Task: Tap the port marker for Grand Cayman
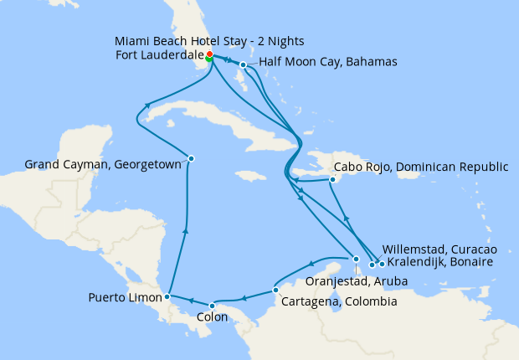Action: click(x=191, y=158)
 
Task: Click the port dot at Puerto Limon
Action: click(x=168, y=296)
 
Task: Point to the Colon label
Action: click(x=212, y=318)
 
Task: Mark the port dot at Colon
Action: click(x=213, y=305)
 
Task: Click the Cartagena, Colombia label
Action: click(x=337, y=301)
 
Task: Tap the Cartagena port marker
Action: click(x=276, y=291)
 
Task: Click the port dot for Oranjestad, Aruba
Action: click(x=356, y=259)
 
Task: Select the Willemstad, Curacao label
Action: click(x=439, y=249)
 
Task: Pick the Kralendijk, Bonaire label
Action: click(x=440, y=263)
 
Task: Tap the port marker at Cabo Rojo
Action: click(x=333, y=179)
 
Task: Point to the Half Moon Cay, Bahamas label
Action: click(x=327, y=62)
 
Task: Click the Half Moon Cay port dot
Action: click(x=243, y=64)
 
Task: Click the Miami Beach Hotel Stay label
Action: click(x=209, y=41)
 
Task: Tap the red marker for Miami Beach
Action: click(x=208, y=54)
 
